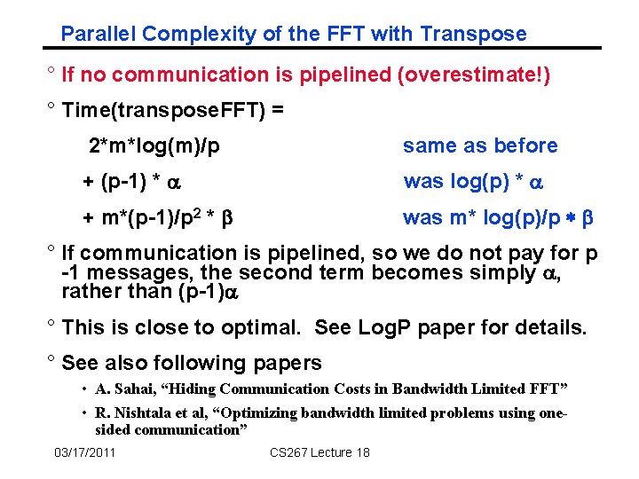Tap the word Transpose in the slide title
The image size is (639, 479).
(473, 35)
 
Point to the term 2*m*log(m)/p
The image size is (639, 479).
(154, 145)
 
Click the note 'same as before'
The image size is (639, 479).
(480, 145)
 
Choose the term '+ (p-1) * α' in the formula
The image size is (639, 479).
(131, 182)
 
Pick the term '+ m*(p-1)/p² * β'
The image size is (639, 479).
(157, 217)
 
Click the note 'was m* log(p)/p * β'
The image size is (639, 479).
(498, 218)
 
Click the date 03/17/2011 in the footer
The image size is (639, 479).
(85, 453)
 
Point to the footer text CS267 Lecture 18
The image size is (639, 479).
(319, 453)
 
